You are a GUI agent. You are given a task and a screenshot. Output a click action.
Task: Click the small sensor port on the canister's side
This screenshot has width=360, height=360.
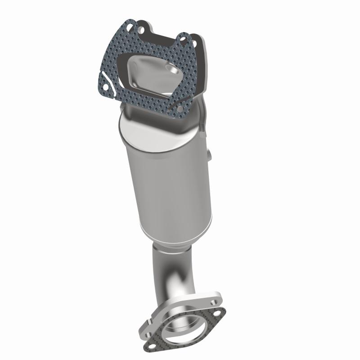210,155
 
